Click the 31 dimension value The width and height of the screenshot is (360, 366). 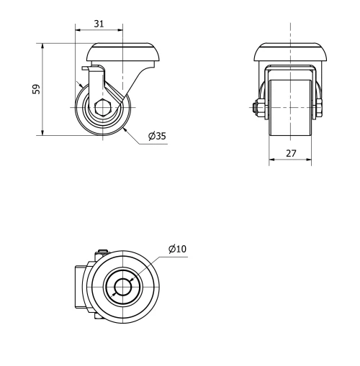(x=99, y=24)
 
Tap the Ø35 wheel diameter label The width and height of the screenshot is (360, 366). (x=157, y=136)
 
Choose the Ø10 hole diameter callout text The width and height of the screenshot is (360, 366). (x=177, y=249)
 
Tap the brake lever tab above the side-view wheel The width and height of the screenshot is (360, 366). (x=90, y=68)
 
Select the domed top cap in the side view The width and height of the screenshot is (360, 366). (x=122, y=52)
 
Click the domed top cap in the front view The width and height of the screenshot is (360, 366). (x=291, y=52)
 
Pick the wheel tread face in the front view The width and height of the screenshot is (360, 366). (x=291, y=108)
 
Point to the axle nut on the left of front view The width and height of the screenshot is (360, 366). (x=258, y=108)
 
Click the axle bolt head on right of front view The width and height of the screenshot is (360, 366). (x=319, y=108)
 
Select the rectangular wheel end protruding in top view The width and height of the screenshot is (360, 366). (x=79, y=288)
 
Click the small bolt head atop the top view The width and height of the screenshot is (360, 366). (x=101, y=252)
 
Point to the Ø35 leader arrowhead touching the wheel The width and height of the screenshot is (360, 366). (x=125, y=129)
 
